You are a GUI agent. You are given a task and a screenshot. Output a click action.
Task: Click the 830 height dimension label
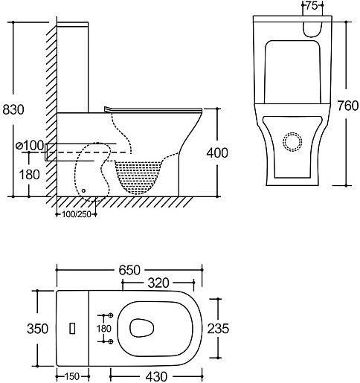coord(13,109)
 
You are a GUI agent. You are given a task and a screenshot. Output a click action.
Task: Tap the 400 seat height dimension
coord(217,152)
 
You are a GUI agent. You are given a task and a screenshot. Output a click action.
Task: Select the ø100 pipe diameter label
coord(30,146)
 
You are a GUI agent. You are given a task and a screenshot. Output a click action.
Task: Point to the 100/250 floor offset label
coord(77,214)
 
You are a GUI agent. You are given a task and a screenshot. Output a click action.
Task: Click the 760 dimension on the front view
coord(347,106)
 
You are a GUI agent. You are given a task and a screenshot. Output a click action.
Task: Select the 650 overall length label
coord(129,270)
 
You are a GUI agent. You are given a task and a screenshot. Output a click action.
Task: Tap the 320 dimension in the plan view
coord(158,283)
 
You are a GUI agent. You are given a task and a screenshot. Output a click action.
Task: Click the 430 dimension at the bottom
coord(156,377)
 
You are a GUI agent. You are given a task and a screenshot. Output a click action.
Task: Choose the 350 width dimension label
coord(37,329)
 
